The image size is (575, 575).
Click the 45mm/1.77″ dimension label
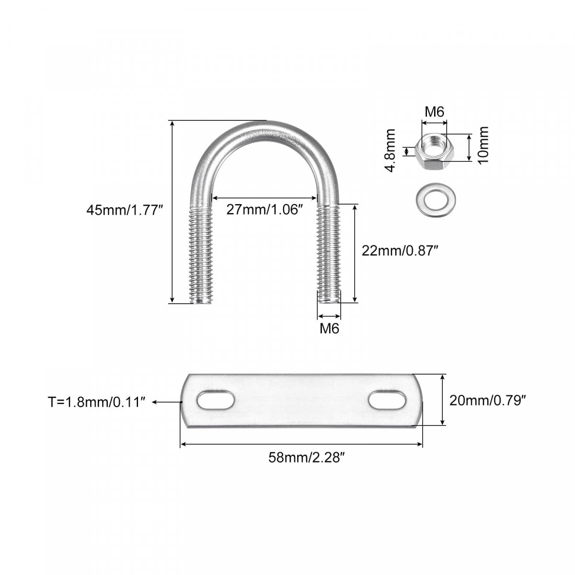tap(125, 210)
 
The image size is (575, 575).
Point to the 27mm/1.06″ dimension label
tap(264, 209)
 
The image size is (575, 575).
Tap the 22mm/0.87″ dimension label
tap(400, 251)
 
